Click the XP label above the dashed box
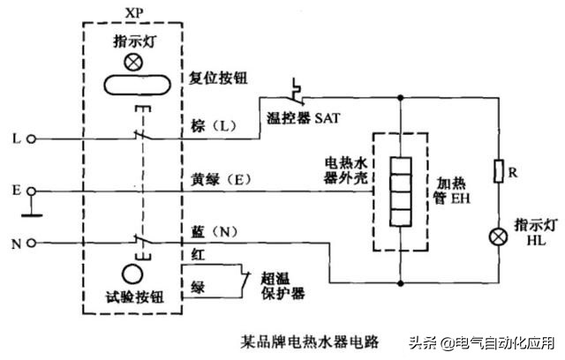134,16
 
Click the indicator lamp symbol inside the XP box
135,64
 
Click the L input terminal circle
32,139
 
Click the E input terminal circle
32,190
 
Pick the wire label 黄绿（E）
222,179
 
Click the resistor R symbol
499,170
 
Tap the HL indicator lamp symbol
499,236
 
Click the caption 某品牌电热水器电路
309,339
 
